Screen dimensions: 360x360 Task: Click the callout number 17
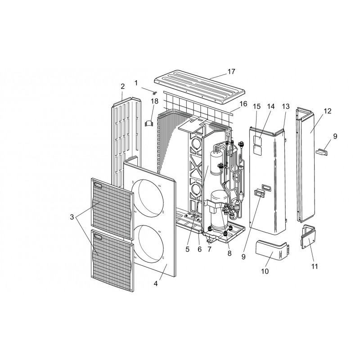coord(231,72)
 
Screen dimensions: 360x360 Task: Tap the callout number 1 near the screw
coord(136,83)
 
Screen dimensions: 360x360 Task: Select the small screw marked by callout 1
coord(154,93)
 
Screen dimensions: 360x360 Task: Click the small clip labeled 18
coord(149,123)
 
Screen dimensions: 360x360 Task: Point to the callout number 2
coord(122,86)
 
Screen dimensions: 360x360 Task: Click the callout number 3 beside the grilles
coord(72,217)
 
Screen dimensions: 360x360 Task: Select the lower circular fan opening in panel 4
coord(148,244)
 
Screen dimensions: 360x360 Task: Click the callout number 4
coord(156,283)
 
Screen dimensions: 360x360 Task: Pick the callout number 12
coord(328,111)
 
